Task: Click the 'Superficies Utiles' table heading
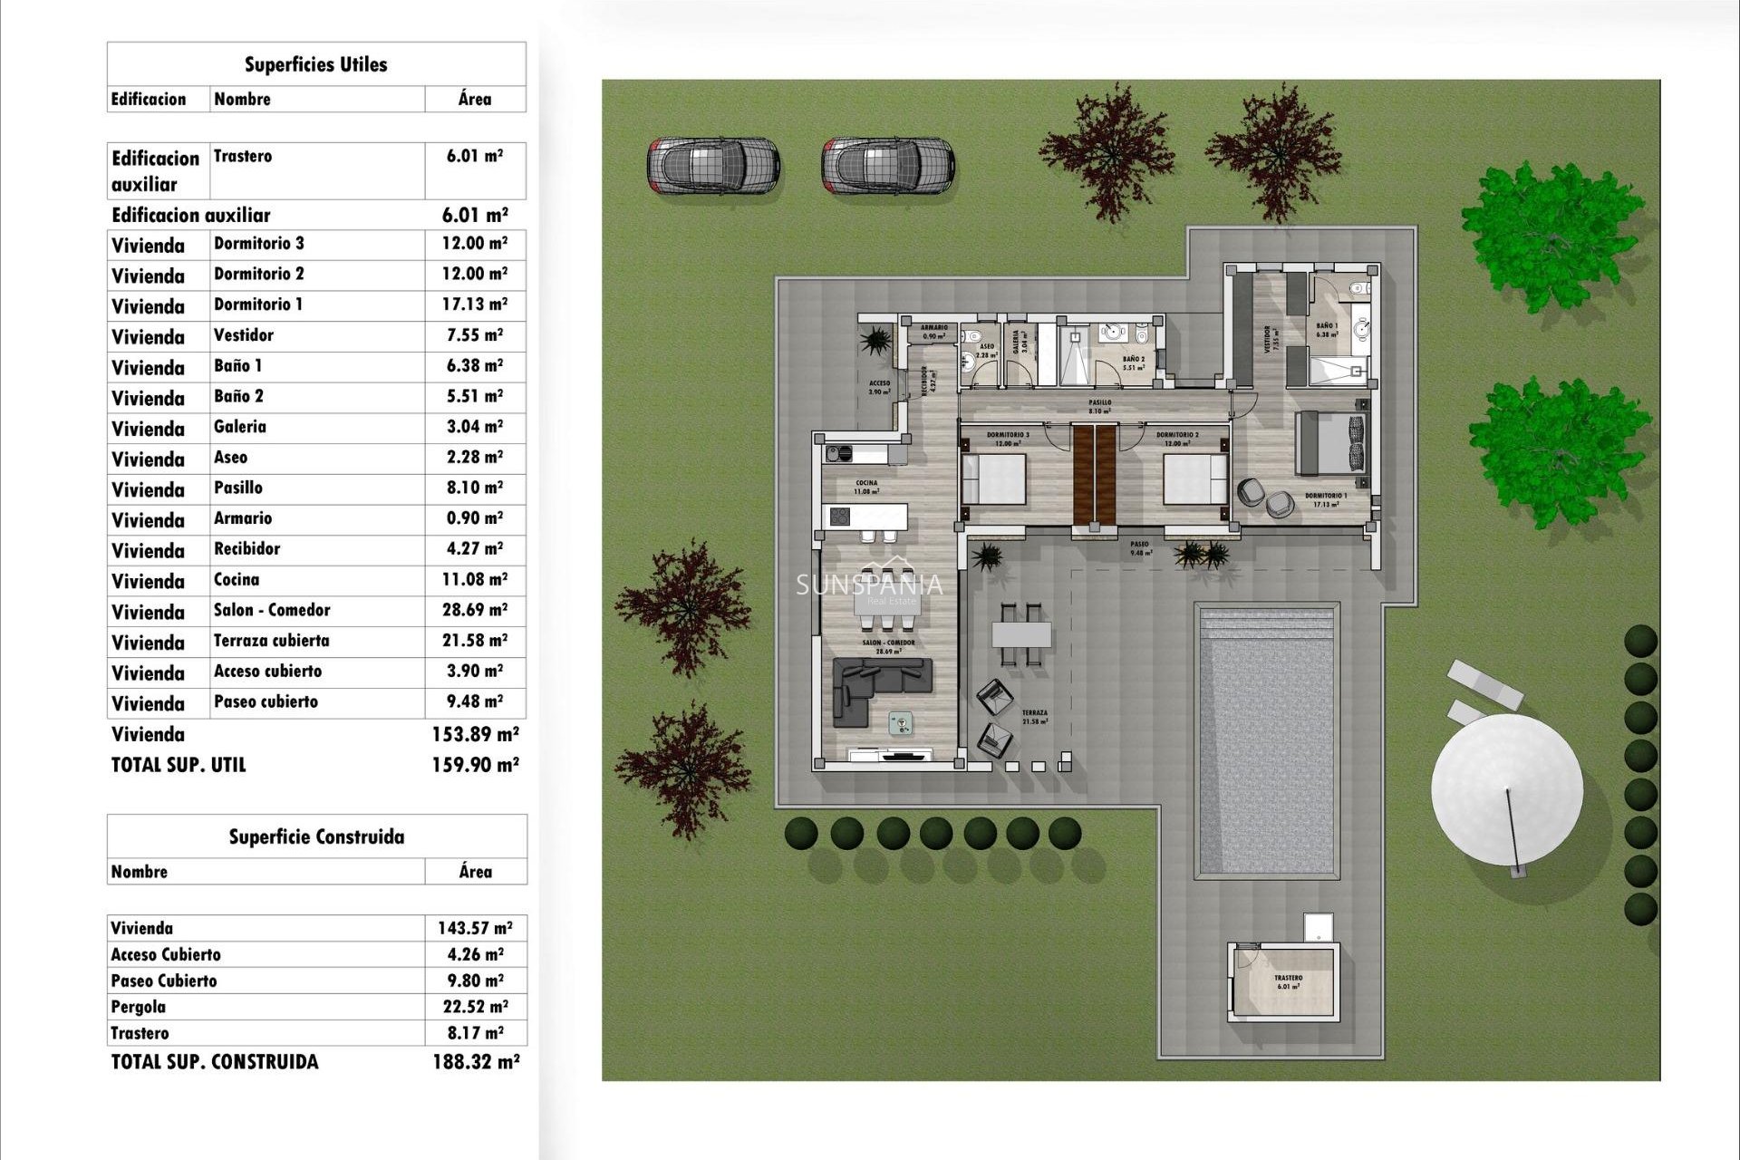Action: pyautogui.click(x=315, y=64)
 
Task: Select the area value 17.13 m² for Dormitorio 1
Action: pyautogui.click(x=474, y=304)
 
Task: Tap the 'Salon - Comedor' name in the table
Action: pyautogui.click(x=272, y=610)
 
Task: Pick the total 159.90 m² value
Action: pyautogui.click(x=475, y=765)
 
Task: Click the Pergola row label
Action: pyautogui.click(x=138, y=1007)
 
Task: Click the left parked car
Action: pyautogui.click(x=712, y=166)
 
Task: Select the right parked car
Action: pyautogui.click(x=887, y=166)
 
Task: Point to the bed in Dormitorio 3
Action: pyautogui.click(x=993, y=478)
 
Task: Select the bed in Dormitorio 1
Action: pyautogui.click(x=1330, y=442)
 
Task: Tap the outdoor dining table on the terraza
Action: pyautogui.click(x=1021, y=633)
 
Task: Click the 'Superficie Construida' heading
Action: pyautogui.click(x=316, y=836)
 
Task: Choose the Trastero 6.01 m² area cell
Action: pyautogui.click(x=474, y=156)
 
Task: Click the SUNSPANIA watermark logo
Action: pyautogui.click(x=868, y=585)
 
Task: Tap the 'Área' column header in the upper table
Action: pyautogui.click(x=475, y=100)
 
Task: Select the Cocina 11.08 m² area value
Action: pyautogui.click(x=474, y=580)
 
